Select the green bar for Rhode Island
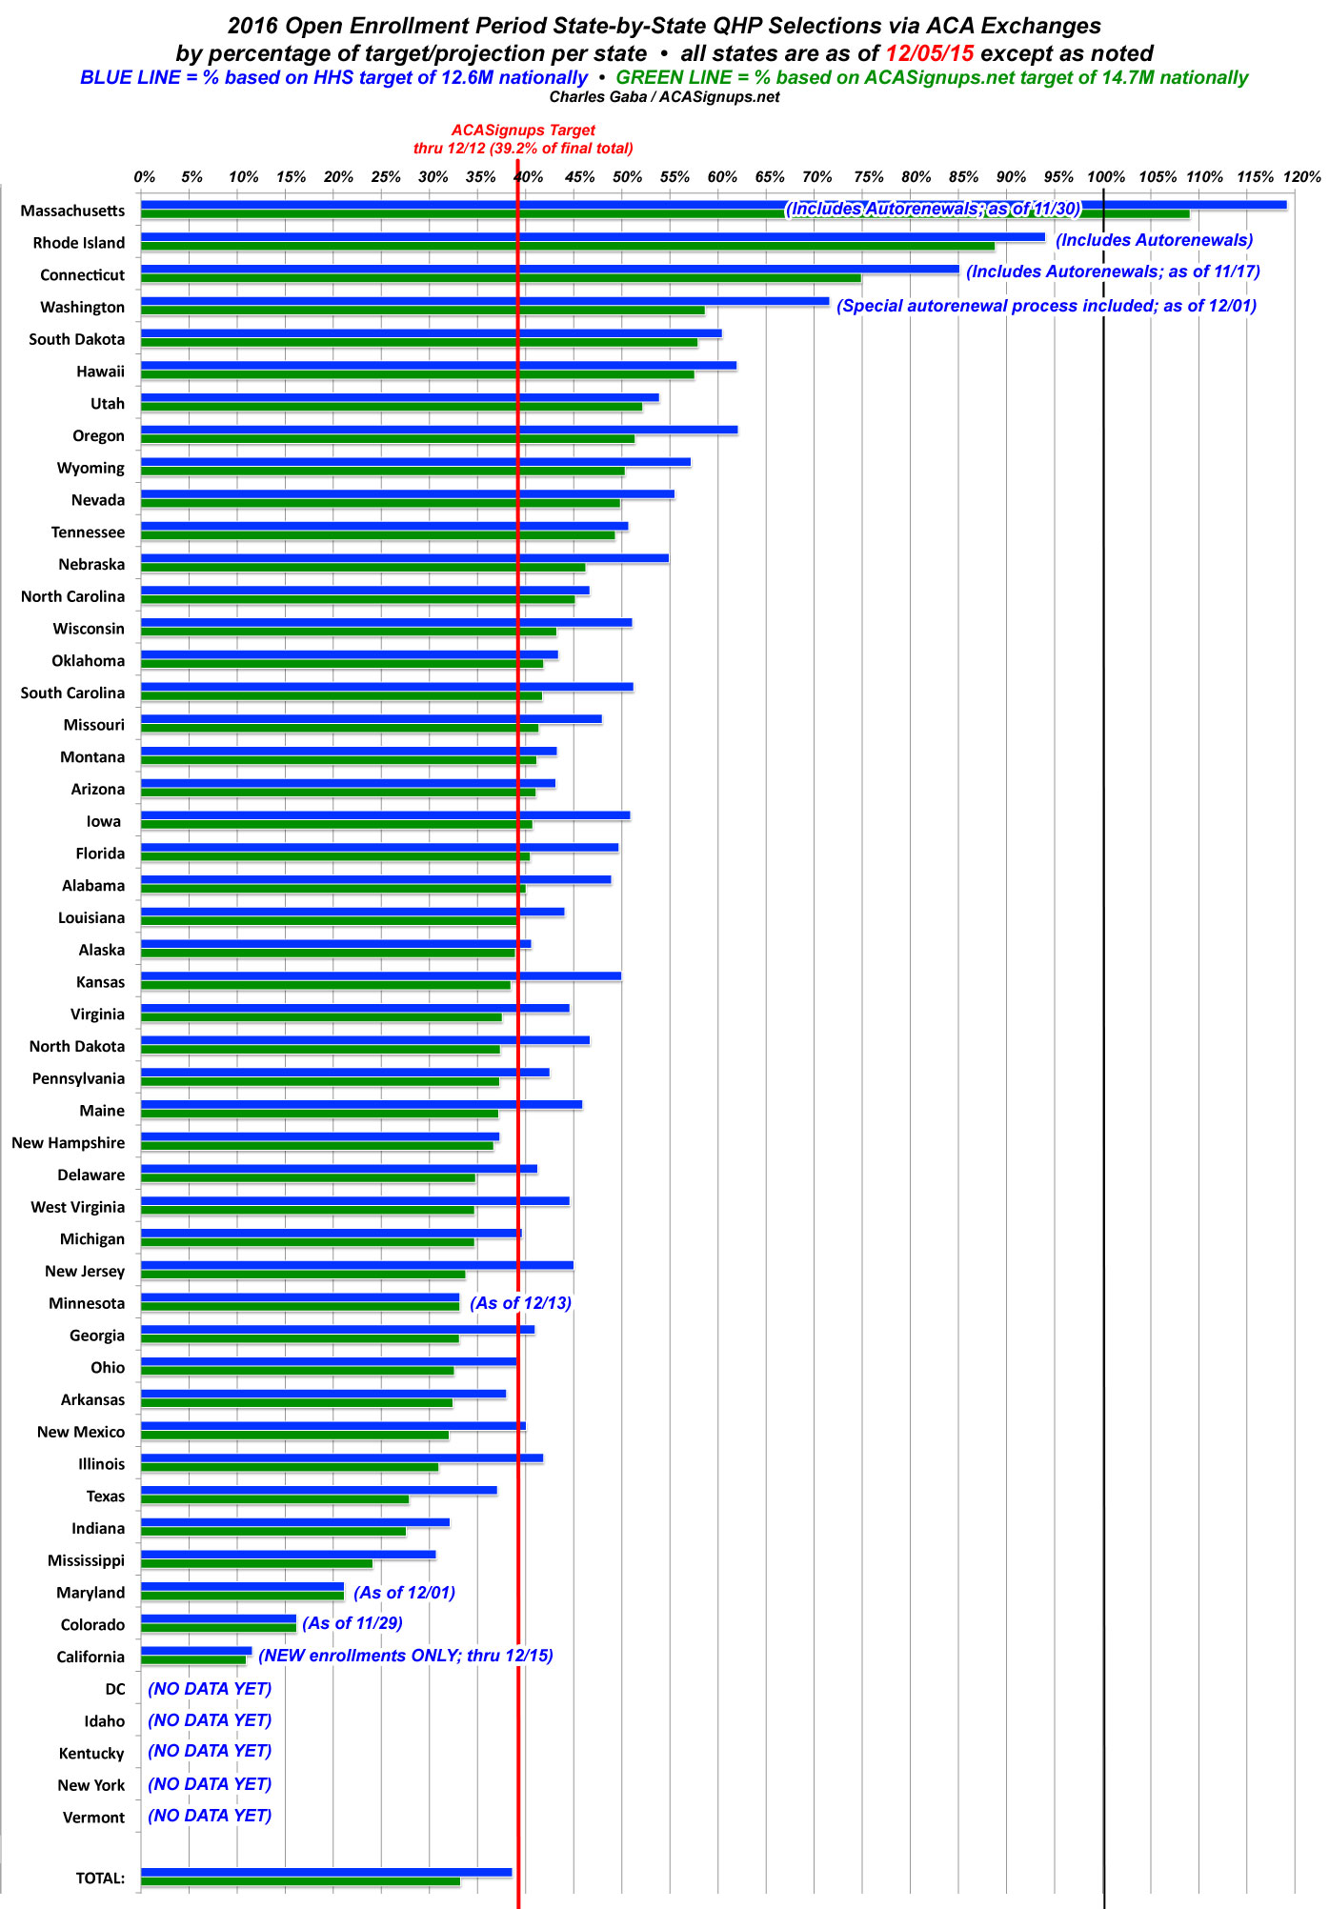(x=567, y=246)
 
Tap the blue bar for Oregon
(x=438, y=430)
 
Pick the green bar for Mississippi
(x=256, y=1563)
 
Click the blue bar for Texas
(x=318, y=1490)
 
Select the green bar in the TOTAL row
(x=300, y=1881)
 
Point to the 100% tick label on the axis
(x=1105, y=177)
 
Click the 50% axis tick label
(x=626, y=177)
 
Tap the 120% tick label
(x=1301, y=177)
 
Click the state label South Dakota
(x=76, y=339)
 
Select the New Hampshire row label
(x=68, y=1143)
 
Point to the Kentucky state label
(x=91, y=1754)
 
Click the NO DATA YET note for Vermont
(x=210, y=1816)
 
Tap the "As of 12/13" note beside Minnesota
(x=520, y=1303)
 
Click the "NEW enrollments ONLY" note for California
(x=406, y=1656)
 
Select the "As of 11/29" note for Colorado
(x=352, y=1623)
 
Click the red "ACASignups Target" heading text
(x=523, y=131)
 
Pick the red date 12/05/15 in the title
(x=929, y=53)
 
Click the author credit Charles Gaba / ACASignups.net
(x=664, y=97)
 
